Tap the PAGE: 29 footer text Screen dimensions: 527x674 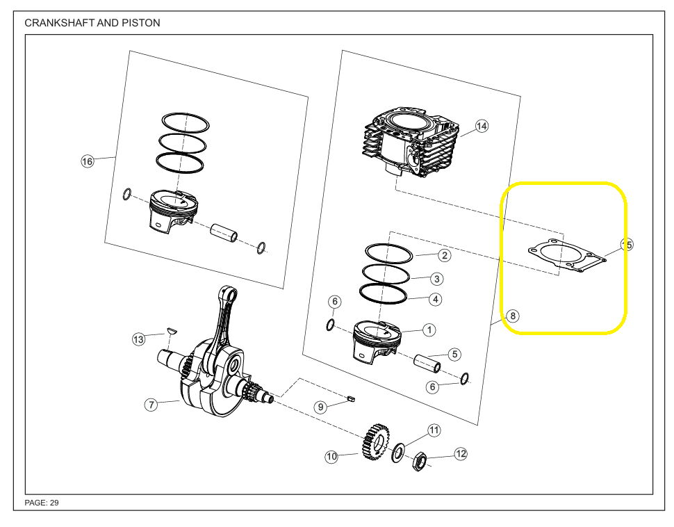tap(42, 503)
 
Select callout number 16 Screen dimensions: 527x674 tap(87, 161)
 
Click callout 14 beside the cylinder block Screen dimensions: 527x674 tap(482, 126)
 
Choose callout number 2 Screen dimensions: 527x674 tap(445, 255)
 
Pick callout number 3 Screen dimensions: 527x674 tap(436, 279)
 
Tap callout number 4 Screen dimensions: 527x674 tap(436, 300)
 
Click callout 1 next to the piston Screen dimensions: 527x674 tap(429, 330)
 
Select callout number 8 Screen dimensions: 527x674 tap(512, 316)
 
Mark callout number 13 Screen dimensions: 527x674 tap(139, 339)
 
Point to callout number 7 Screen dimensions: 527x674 tap(151, 405)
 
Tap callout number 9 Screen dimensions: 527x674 tap(320, 407)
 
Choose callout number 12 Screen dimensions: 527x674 tap(460, 454)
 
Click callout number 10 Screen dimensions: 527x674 tap(331, 457)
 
